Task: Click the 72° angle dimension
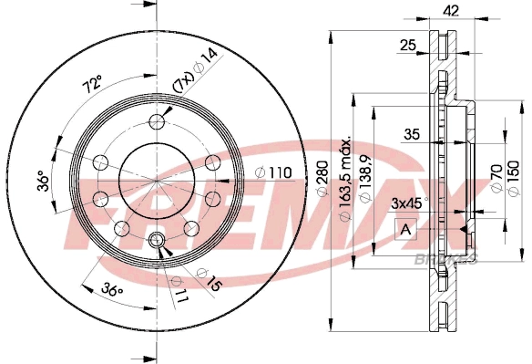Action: click(x=92, y=87)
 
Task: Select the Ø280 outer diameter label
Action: click(x=321, y=182)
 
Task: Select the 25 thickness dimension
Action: click(x=408, y=43)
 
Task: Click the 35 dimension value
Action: click(x=411, y=135)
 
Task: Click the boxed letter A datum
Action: click(x=403, y=229)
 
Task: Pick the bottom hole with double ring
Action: click(x=156, y=240)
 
